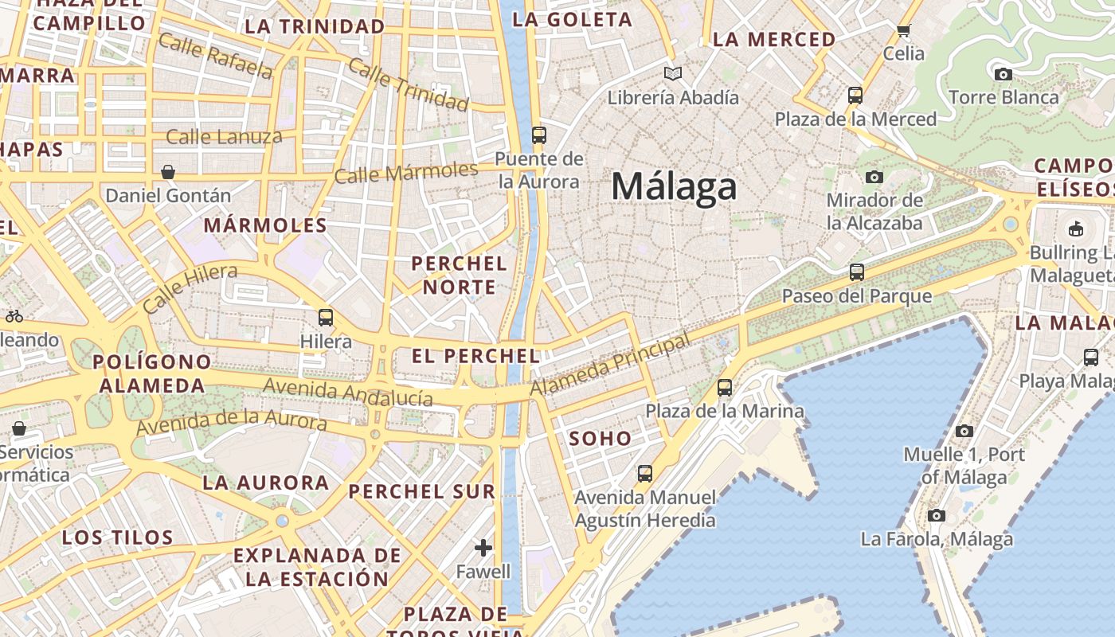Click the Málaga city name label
pos(674,187)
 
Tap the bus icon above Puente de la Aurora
pos(539,135)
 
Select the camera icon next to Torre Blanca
pos(1003,74)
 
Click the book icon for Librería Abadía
pos(673,74)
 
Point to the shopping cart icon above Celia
pos(903,31)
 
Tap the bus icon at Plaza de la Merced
pos(855,96)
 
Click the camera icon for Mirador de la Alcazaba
pos(874,177)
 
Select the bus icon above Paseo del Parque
pos(857,272)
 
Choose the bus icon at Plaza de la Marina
pos(725,388)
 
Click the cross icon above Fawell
pos(483,548)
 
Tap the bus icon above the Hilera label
pos(326,318)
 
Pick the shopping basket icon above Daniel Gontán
pos(168,172)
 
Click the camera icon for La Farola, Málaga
pos(937,516)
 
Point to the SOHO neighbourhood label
pos(601,438)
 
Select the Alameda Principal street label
pos(610,365)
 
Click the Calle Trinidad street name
pos(409,84)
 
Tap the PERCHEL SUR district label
pos(422,491)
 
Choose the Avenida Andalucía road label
pos(348,392)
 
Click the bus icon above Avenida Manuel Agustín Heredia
pos(645,474)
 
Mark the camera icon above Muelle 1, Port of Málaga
pos(964,431)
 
